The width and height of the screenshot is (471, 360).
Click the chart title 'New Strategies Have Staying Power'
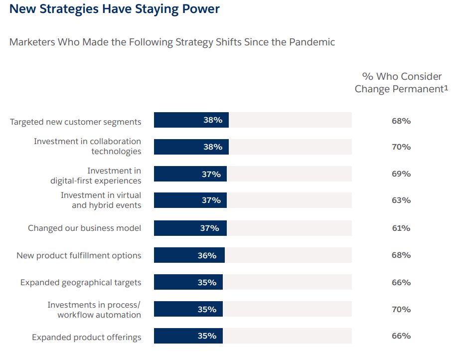click(x=114, y=9)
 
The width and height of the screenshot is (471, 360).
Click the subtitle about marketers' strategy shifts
click(x=172, y=42)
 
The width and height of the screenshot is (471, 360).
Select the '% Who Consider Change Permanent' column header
click(x=402, y=83)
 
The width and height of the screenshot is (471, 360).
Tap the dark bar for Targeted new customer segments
click(x=191, y=120)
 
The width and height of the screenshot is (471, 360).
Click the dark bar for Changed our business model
click(x=190, y=228)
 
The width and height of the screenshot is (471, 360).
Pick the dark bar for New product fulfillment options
click(x=189, y=255)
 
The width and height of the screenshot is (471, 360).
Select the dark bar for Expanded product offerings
click(x=188, y=336)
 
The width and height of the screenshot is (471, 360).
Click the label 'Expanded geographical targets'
click(x=81, y=283)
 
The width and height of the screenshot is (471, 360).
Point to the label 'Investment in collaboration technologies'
click(x=88, y=147)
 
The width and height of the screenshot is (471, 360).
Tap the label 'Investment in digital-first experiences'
click(x=96, y=176)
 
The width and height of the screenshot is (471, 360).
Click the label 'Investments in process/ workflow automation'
click(x=94, y=310)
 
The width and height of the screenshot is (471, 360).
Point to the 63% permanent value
click(x=401, y=200)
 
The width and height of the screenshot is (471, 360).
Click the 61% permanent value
click(x=401, y=228)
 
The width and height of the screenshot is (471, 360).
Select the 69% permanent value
click(x=401, y=174)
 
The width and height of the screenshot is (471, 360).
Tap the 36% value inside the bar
click(x=207, y=255)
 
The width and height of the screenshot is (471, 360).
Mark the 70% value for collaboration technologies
click(x=401, y=147)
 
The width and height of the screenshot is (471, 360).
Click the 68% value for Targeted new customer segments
click(x=401, y=121)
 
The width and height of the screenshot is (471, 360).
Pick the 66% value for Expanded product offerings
click(x=401, y=336)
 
